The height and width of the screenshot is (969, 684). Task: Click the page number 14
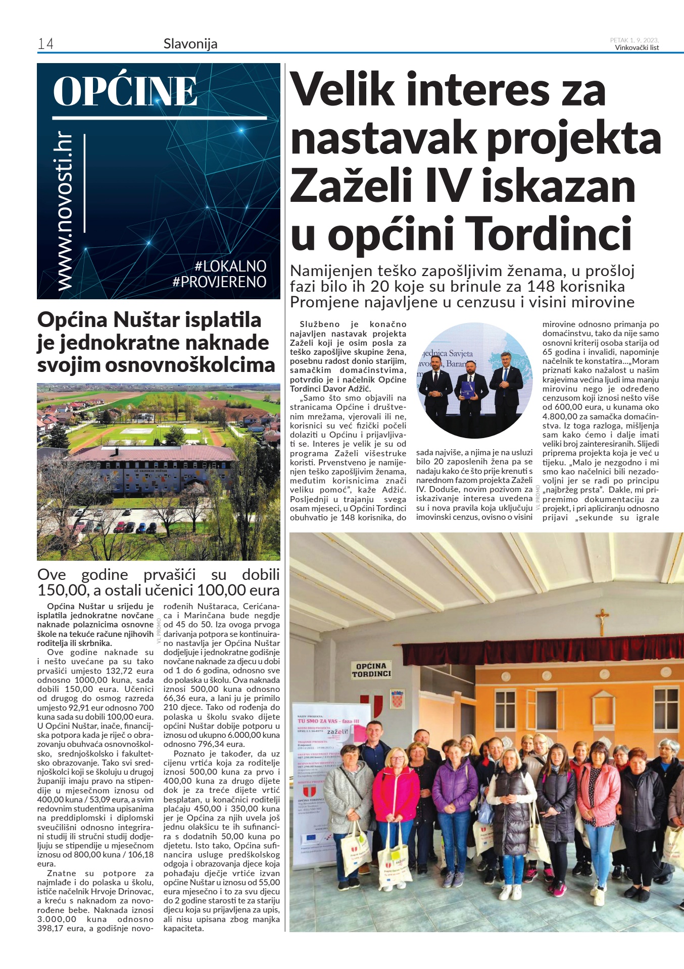[x=45, y=44]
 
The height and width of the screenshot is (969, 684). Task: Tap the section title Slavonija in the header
[x=190, y=44]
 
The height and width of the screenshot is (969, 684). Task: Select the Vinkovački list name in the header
[x=637, y=48]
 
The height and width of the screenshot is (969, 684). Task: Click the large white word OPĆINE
[x=125, y=91]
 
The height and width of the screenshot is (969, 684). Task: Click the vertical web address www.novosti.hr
[x=65, y=212]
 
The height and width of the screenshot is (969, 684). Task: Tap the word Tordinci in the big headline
[x=548, y=233]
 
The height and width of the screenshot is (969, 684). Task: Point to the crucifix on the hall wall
[x=601, y=621]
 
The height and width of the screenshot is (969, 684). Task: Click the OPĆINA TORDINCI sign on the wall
[x=371, y=670]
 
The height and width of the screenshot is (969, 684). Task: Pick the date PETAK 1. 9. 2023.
[x=634, y=40]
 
